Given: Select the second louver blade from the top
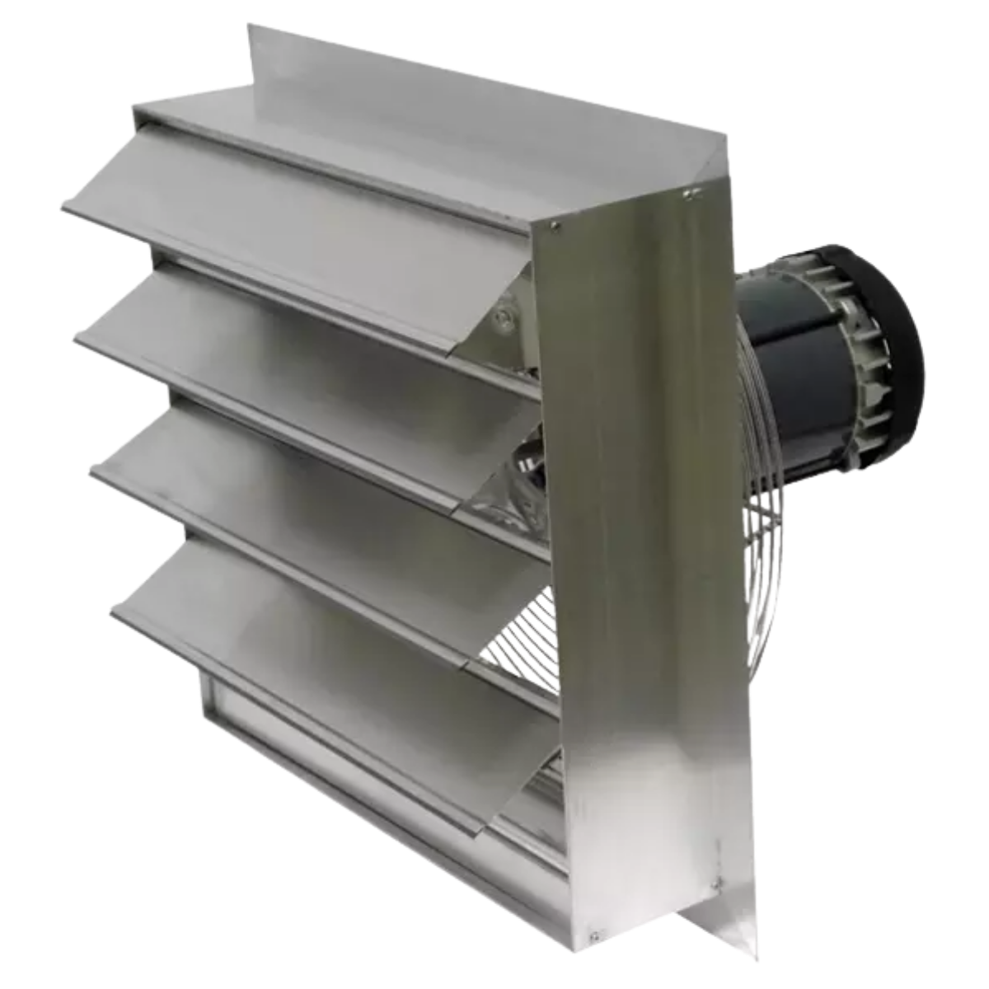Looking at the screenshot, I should click(x=288, y=346).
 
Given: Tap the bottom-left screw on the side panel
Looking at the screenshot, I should click(x=591, y=934).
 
